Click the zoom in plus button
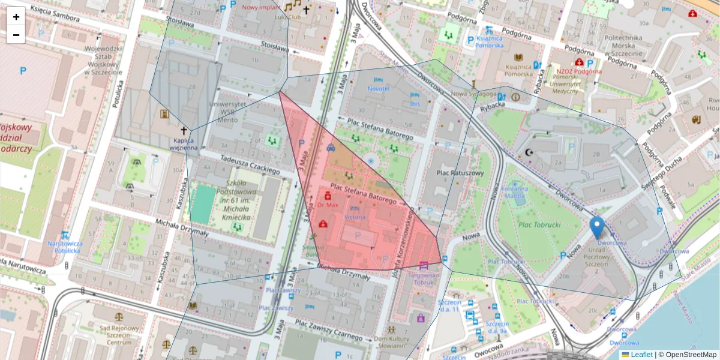16,17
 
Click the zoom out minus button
16,34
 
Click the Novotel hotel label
378,89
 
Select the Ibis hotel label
415,104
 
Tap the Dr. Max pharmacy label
328,205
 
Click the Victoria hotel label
355,216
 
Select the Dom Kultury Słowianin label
391,341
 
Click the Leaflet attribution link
641,355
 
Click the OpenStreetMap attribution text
687,355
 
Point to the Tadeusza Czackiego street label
250,165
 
